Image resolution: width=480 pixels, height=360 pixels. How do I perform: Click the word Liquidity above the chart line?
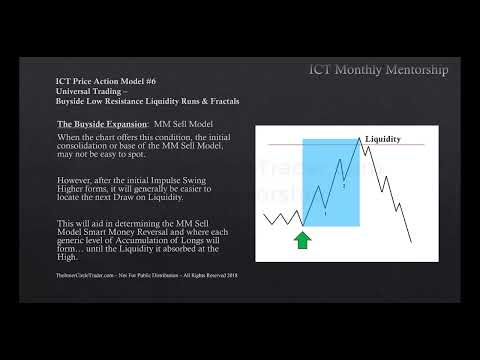(385, 138)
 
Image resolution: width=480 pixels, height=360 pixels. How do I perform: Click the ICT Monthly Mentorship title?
(377, 69)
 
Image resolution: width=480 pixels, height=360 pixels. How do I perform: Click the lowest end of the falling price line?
(411, 240)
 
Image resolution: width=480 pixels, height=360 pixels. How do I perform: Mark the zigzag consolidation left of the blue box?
(281, 217)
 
